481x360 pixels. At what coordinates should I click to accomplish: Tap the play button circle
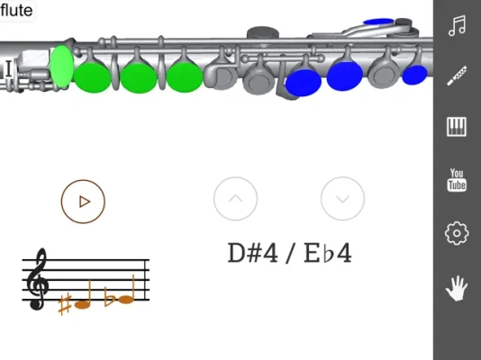pyautogui.click(x=83, y=202)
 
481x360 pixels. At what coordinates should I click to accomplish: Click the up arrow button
pyautogui.click(x=235, y=199)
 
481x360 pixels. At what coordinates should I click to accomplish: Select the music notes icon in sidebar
pyautogui.click(x=457, y=25)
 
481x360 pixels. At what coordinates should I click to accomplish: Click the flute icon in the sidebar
pyautogui.click(x=457, y=76)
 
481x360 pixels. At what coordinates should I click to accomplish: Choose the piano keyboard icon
pyautogui.click(x=457, y=126)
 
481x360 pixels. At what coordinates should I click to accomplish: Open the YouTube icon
pyautogui.click(x=457, y=180)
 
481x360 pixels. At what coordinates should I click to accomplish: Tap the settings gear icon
pyautogui.click(x=457, y=233)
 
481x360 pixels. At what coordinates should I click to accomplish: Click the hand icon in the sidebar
pyautogui.click(x=457, y=288)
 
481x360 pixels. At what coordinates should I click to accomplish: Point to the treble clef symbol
pyautogui.click(x=38, y=279)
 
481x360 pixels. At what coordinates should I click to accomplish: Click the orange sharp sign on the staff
pyautogui.click(x=65, y=304)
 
